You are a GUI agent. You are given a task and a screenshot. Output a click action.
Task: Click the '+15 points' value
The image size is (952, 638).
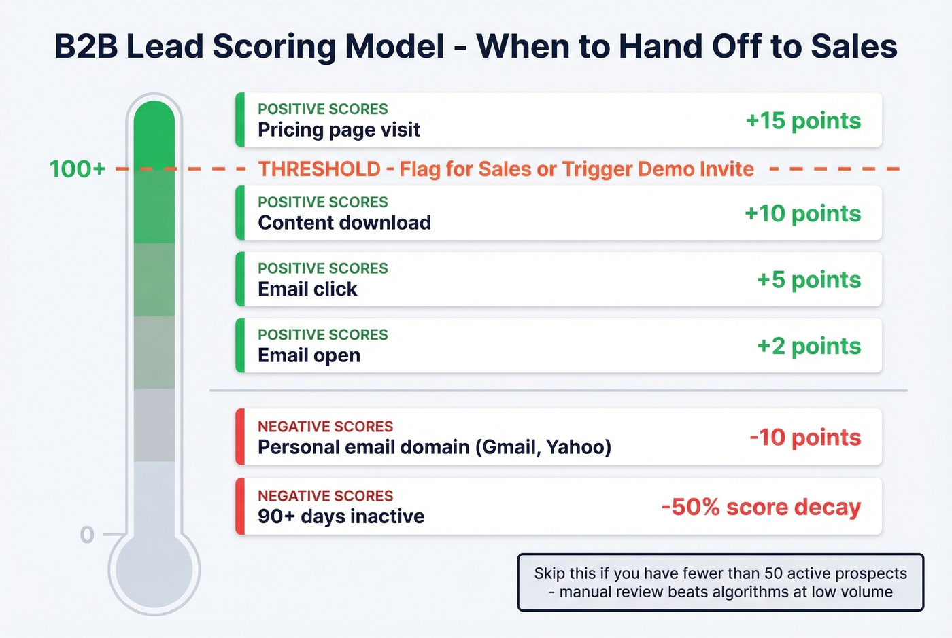[803, 121]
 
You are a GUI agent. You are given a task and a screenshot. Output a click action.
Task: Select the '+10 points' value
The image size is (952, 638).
[802, 214]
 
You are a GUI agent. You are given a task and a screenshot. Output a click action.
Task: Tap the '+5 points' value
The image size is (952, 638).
[809, 280]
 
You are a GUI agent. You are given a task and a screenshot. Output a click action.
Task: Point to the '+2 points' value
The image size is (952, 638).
[809, 347]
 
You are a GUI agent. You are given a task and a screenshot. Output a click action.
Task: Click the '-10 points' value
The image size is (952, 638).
[805, 438]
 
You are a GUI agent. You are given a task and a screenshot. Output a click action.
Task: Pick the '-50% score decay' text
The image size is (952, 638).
[761, 508]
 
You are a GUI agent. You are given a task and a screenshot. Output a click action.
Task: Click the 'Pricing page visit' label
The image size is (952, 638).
[339, 130]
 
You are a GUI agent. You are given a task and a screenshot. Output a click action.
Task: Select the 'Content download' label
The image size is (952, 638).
[344, 223]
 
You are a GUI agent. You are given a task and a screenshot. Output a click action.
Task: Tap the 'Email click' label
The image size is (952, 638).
[307, 289]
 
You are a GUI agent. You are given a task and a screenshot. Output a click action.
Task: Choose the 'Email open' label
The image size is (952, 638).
[309, 355]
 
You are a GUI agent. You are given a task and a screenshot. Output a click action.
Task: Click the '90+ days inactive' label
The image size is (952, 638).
[341, 516]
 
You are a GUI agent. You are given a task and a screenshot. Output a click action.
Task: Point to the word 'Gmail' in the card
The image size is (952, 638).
[510, 447]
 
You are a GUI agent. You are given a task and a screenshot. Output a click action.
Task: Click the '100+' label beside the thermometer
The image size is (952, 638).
[78, 169]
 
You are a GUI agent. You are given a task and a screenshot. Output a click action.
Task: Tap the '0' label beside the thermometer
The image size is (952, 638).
[87, 535]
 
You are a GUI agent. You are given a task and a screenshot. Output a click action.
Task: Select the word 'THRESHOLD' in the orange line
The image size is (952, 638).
[319, 169]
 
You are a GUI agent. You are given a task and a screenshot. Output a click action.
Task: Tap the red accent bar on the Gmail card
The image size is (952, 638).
[239, 437]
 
